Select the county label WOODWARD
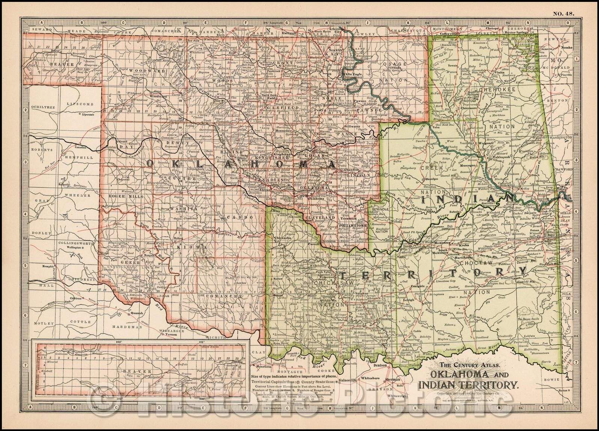143,70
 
